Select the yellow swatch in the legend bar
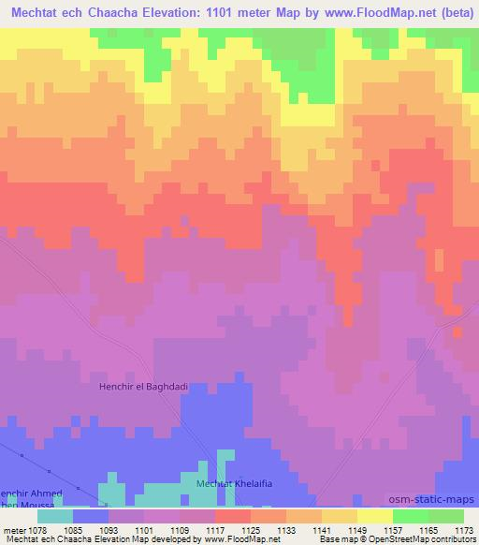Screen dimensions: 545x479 374,515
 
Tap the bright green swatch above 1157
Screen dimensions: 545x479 410,515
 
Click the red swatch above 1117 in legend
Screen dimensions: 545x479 232,515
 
